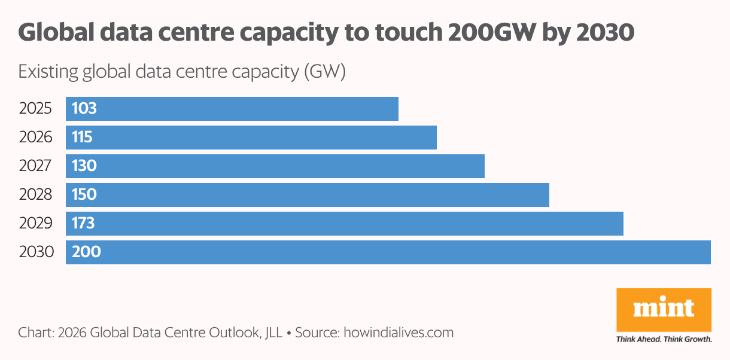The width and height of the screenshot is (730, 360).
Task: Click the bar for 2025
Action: [232, 109]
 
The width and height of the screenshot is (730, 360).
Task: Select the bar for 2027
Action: [275, 166]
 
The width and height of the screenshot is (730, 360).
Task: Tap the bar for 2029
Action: [345, 223]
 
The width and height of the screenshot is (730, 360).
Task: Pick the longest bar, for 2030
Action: [388, 252]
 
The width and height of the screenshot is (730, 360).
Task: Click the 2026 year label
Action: [36, 138]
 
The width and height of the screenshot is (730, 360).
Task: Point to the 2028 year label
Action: [36, 194]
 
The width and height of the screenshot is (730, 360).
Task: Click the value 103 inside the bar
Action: [84, 109]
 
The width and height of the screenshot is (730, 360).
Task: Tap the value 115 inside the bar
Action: [82, 138]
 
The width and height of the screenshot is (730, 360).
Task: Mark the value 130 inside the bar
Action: [84, 166]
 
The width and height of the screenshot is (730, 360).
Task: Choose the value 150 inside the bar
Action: [84, 194]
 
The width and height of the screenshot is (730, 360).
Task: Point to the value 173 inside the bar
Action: [83, 223]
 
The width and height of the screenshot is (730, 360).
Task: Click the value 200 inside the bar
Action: [86, 252]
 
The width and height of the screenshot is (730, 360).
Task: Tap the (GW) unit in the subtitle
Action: [326, 73]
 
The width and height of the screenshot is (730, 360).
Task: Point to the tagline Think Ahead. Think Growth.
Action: [664, 339]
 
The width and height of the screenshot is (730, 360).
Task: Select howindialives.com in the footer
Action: [399, 332]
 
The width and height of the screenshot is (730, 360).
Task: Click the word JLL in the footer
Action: [273, 332]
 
